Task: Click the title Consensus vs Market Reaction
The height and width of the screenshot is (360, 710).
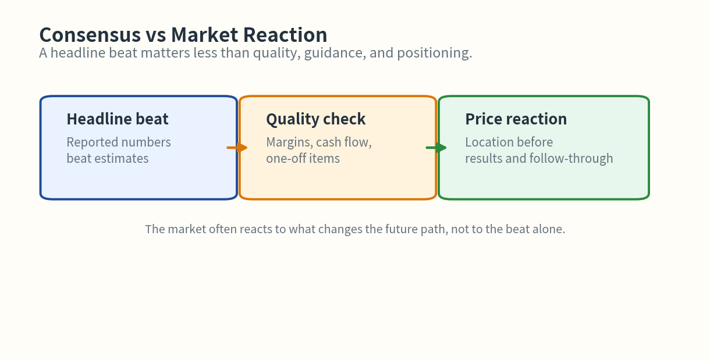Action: click(183, 35)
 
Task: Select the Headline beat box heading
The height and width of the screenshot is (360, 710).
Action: click(118, 119)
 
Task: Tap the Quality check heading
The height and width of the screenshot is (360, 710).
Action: click(316, 119)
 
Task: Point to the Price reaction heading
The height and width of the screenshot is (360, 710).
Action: click(516, 119)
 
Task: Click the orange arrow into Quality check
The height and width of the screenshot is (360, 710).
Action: click(237, 148)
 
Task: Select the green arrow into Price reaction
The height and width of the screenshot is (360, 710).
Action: click(436, 148)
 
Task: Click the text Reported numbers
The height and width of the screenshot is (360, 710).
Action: click(119, 142)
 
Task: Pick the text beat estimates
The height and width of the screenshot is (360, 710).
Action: click(108, 158)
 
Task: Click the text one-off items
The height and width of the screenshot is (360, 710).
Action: click(303, 158)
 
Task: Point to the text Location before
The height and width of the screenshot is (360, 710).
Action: click(509, 142)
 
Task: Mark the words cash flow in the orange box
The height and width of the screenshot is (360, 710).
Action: click(343, 142)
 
